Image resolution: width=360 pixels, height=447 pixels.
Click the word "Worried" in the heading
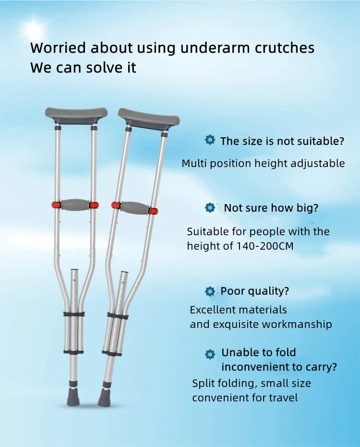pos(58,48)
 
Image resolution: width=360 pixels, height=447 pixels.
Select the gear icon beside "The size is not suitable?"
pos(210,140)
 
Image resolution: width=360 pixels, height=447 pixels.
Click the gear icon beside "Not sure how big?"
pos(210,208)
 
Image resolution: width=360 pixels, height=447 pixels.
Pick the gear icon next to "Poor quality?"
pos(210,291)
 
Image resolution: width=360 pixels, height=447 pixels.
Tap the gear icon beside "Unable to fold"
pos(210,354)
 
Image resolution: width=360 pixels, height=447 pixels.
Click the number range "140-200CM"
pos(265,246)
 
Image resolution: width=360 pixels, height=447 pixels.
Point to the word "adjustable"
pos(317,163)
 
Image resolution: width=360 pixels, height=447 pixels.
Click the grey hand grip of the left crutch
pos(75,205)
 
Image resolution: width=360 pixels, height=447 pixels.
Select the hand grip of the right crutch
pos(134,208)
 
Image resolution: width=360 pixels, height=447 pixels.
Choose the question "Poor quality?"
pos(254,291)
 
